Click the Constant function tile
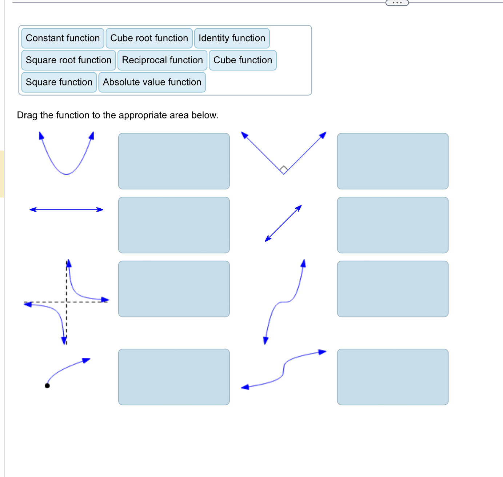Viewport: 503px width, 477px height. (63, 38)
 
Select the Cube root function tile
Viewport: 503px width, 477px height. (149, 38)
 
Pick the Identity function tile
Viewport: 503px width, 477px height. (232, 38)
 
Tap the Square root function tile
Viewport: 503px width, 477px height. (68, 60)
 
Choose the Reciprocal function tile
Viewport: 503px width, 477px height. (162, 60)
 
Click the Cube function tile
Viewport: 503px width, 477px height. (243, 60)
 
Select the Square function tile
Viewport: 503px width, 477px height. (59, 82)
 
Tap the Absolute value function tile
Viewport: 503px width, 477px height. (152, 82)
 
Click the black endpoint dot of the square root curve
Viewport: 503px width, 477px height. (47, 386)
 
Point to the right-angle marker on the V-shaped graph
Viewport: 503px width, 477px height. (284, 169)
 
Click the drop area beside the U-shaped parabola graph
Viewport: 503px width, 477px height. (174, 161)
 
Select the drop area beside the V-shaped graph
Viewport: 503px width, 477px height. (392, 161)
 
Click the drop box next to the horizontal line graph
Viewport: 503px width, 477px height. (174, 225)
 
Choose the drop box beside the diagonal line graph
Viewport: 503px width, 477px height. (392, 225)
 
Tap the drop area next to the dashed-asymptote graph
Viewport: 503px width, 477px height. (174, 289)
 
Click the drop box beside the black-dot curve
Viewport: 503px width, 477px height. (174, 377)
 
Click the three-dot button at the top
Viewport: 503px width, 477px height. (397, 3)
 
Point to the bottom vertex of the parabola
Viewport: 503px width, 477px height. (66, 174)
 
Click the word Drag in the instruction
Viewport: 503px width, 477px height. (27, 115)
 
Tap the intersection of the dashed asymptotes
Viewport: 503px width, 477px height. (67, 302)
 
